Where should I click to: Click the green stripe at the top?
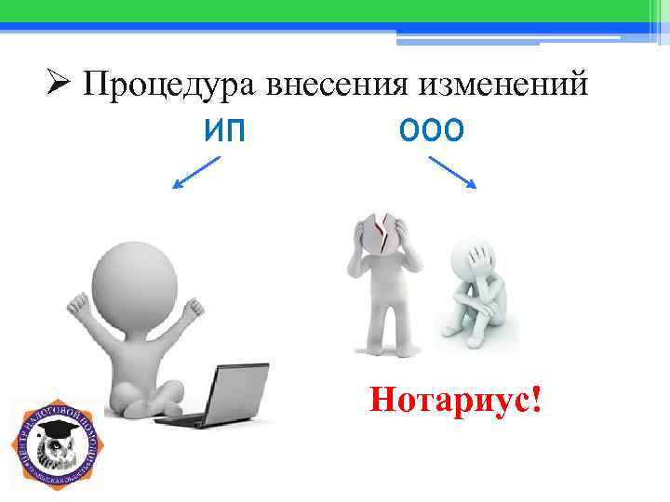[335, 10]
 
